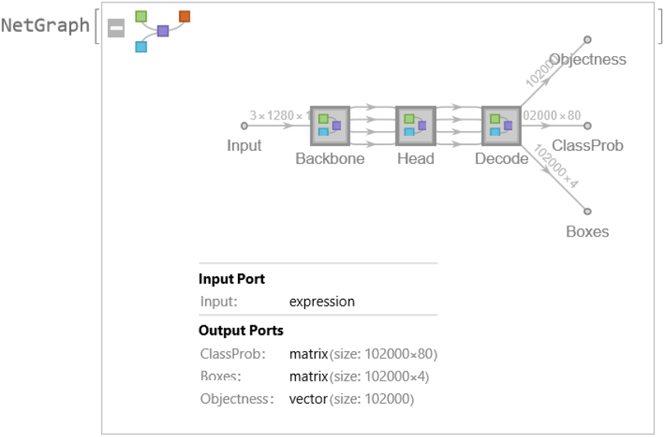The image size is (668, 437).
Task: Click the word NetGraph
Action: click(x=45, y=26)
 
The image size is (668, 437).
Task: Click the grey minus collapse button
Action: click(x=116, y=29)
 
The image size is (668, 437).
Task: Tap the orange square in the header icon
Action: click(x=184, y=16)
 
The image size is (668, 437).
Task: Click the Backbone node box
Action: click(x=329, y=125)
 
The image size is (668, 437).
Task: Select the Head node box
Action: click(x=415, y=125)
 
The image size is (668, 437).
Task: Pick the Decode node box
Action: click(x=501, y=125)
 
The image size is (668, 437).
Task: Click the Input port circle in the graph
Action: click(x=244, y=125)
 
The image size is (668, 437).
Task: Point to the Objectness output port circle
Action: click(x=588, y=39)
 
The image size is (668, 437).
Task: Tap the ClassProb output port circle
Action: click(x=588, y=125)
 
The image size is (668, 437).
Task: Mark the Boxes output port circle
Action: click(x=588, y=211)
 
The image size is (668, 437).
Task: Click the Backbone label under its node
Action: click(x=329, y=158)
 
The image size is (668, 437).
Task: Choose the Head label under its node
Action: click(x=415, y=158)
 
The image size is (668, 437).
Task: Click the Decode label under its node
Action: click(x=501, y=158)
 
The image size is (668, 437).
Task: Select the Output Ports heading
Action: click(x=240, y=330)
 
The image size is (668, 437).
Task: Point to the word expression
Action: click(x=322, y=301)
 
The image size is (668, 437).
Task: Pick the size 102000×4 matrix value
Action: click(x=359, y=377)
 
